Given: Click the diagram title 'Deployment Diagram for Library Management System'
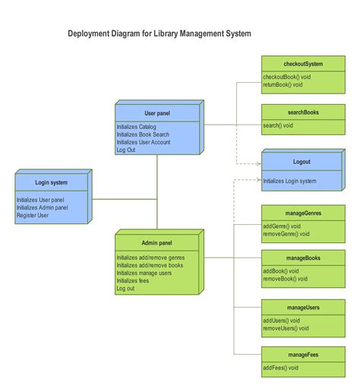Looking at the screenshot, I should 159,33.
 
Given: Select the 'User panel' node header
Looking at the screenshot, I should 157,113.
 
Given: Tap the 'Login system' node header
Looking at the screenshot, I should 51,182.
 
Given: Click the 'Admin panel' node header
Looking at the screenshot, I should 156,243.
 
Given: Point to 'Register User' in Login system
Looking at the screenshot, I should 33,216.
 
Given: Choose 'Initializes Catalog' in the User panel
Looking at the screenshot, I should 137,127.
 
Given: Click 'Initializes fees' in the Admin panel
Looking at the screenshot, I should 133,280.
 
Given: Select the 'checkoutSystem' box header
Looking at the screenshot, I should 302,64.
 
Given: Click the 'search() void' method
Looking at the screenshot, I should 278,125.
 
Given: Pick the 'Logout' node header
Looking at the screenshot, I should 302,162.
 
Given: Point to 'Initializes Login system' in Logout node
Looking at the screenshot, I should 290,181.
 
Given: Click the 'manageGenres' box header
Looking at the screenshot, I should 302,213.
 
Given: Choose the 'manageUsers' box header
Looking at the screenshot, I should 302,308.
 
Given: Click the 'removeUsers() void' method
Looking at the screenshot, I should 286,329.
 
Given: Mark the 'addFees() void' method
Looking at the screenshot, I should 282,368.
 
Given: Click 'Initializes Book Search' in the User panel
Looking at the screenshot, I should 144,134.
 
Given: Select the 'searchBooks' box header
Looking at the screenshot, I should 302,112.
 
